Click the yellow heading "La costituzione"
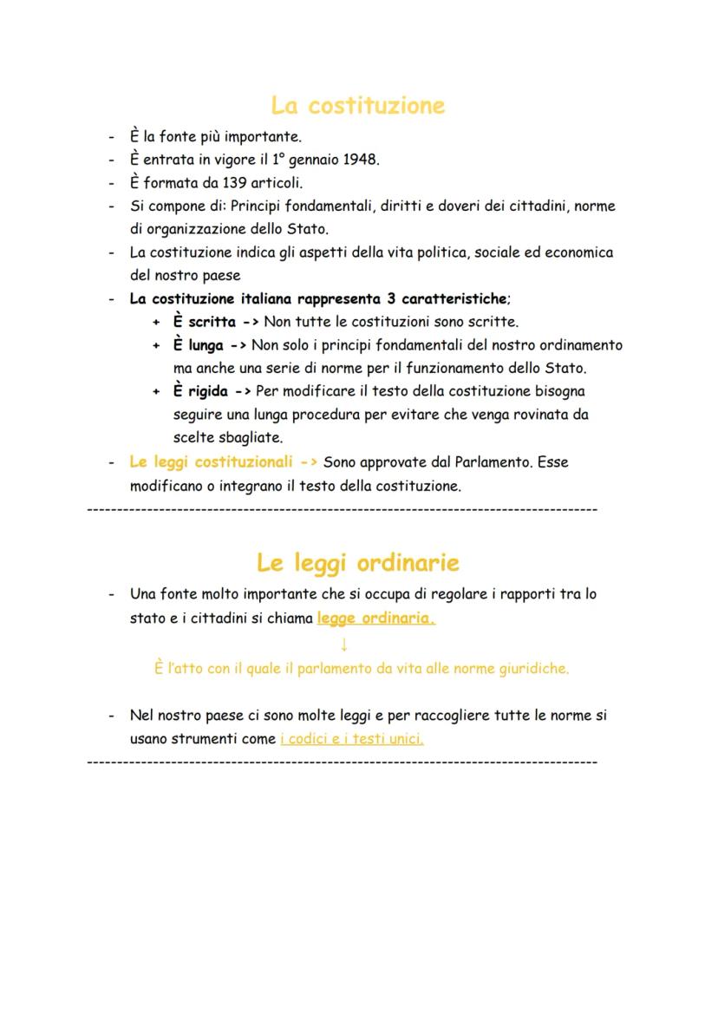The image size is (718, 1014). pos(358,106)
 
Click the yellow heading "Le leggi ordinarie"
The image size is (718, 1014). pos(358,563)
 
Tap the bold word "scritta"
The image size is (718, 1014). pos(212,323)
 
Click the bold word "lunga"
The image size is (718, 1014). pos(206,345)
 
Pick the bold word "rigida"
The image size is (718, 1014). pos(209,391)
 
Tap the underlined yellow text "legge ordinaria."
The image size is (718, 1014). pos(376,618)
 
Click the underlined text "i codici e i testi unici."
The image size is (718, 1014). pos(352,739)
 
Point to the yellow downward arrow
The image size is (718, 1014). pos(344,644)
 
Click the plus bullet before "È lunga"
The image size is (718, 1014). pos(156,345)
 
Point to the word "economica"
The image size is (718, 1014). pos(580,252)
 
